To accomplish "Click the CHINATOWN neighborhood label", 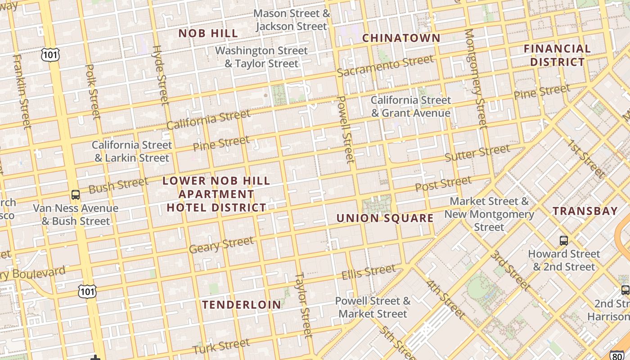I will point(401,38).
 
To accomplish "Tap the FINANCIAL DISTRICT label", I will point(557,55).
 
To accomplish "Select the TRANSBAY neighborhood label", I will point(585,211).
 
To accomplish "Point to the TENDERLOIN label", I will point(242,305).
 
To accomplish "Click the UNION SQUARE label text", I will point(385,219).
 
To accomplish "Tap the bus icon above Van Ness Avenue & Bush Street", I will point(76,195).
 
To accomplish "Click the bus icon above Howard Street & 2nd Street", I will point(564,240).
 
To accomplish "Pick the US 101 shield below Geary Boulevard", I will point(86,292).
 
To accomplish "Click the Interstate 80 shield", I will point(617,355).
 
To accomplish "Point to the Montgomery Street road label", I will point(476,78).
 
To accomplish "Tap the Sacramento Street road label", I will point(385,66).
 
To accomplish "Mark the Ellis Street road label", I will point(369,272).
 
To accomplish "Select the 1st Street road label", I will point(586,158).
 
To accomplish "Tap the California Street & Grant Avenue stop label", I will point(410,107).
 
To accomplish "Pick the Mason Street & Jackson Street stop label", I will point(292,20).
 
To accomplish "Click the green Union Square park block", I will point(377,205).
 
